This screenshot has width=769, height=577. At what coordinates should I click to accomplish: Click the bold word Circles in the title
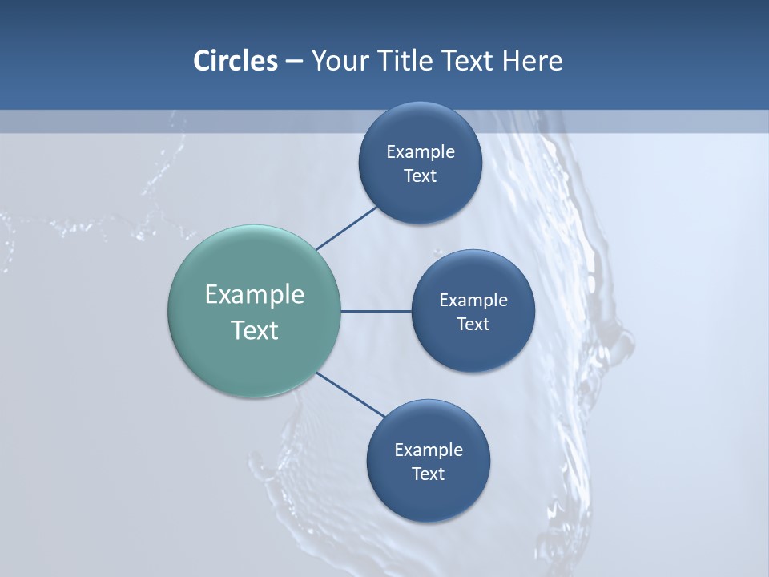(x=236, y=61)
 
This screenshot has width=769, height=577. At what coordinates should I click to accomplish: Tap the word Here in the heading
(x=532, y=61)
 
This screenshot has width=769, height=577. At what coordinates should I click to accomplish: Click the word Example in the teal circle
(x=255, y=295)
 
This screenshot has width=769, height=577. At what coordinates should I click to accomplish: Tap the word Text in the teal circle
(x=255, y=330)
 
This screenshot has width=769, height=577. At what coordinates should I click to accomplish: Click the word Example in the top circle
(x=421, y=152)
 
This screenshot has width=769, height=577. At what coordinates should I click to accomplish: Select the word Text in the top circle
(x=420, y=176)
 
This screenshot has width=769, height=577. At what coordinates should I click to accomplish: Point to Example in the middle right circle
(x=473, y=301)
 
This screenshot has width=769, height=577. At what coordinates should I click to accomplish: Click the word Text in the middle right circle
(x=473, y=325)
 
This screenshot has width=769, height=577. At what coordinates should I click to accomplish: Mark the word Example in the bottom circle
(x=429, y=450)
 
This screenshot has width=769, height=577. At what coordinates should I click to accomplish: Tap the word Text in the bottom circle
(x=428, y=474)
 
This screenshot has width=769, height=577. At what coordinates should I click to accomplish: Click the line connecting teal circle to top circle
(x=347, y=228)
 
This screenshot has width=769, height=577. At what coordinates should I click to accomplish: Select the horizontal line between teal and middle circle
(x=376, y=311)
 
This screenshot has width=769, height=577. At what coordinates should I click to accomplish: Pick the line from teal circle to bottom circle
(x=351, y=394)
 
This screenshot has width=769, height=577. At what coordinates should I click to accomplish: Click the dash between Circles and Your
(x=294, y=61)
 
